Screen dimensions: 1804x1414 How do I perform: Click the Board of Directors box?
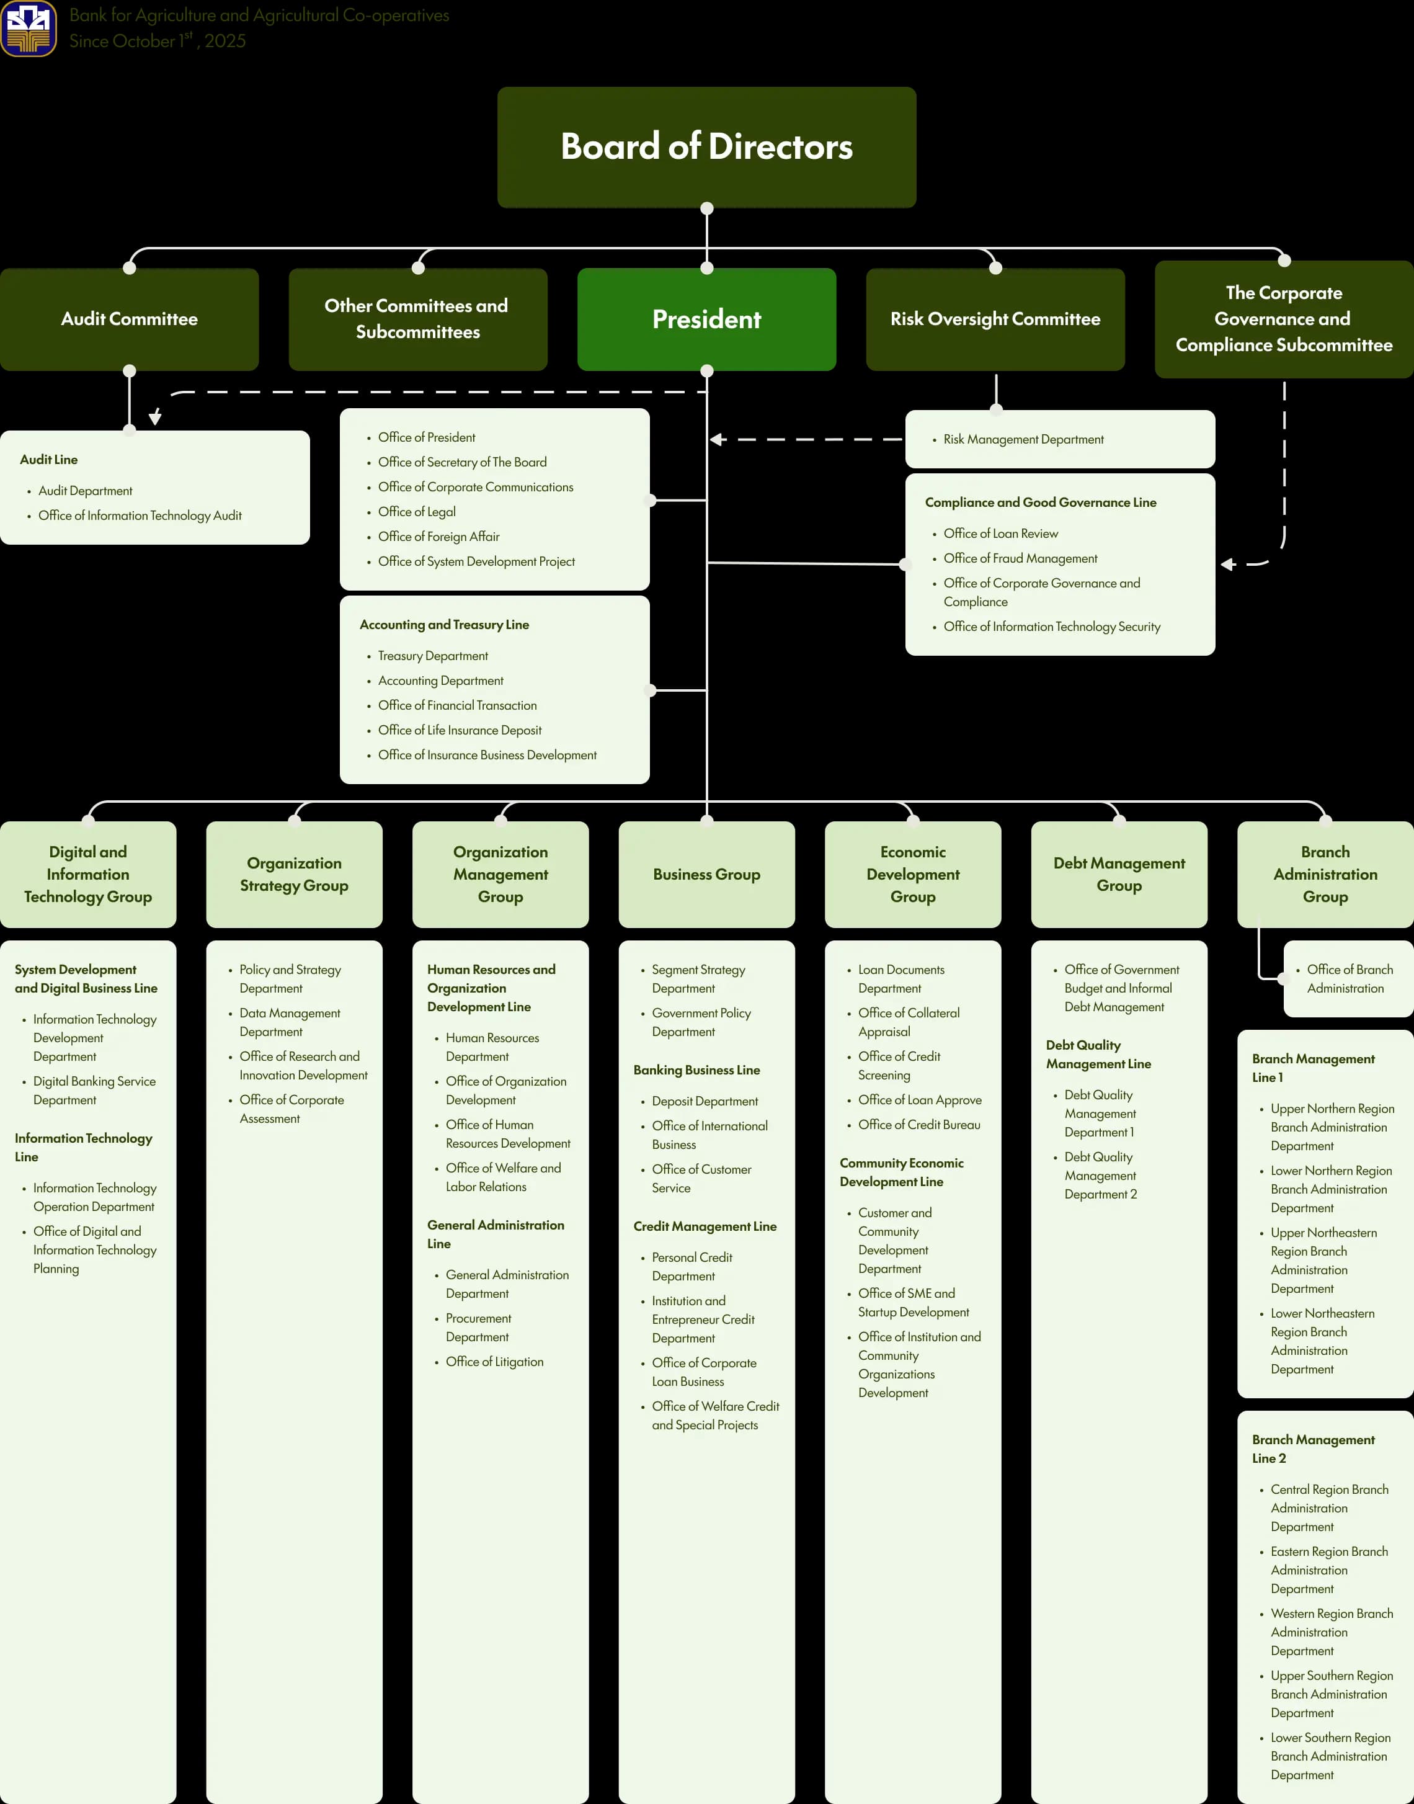pyautogui.click(x=706, y=146)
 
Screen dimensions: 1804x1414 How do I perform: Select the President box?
pyautogui.click(x=706, y=319)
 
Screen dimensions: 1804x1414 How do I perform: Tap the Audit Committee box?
pyautogui.click(x=129, y=319)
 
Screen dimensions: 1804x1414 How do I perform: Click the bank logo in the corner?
pyautogui.click(x=29, y=28)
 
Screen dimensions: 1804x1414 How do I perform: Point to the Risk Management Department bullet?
pyautogui.click(x=1023, y=440)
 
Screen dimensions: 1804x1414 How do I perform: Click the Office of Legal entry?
pyautogui.click(x=416, y=512)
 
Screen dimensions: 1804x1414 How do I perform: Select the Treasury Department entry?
pyautogui.click(x=432, y=656)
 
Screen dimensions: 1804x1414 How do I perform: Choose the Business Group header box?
pyautogui.click(x=706, y=874)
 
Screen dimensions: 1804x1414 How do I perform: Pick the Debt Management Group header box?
pyautogui.click(x=1118, y=874)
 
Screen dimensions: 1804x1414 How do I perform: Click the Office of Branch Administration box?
pyautogui.click(x=1349, y=978)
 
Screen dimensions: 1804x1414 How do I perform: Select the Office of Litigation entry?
pyautogui.click(x=494, y=1362)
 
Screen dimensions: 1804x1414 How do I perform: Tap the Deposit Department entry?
pyautogui.click(x=705, y=1101)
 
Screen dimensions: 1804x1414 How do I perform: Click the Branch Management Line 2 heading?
pyautogui.click(x=1312, y=1449)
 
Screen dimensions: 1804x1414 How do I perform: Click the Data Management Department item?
pyautogui.click(x=290, y=1022)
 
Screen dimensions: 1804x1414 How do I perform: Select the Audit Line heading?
pyautogui.click(x=49, y=460)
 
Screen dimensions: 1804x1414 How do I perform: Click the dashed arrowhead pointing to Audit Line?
pyautogui.click(x=155, y=418)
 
